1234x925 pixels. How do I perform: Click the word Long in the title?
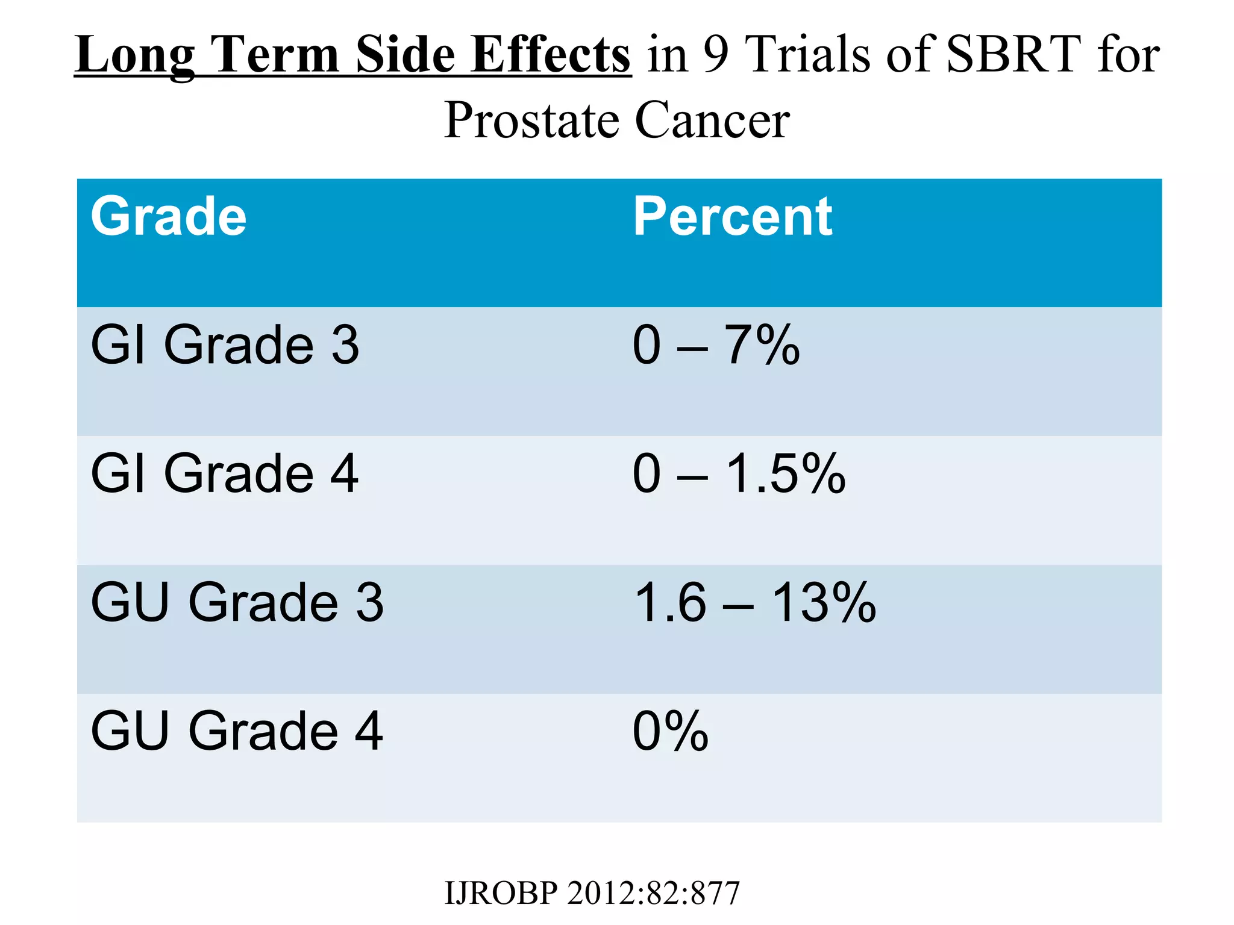coord(134,55)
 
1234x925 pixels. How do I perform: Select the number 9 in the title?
coord(716,55)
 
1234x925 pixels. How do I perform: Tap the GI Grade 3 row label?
coord(225,345)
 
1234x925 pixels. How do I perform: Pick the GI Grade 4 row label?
coord(225,474)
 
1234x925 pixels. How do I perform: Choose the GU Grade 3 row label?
coord(237,602)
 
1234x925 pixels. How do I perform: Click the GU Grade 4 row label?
coord(237,731)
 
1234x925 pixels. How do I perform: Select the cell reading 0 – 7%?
coord(716,345)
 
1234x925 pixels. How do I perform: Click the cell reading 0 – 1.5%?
coord(739,474)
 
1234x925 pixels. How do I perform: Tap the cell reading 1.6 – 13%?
coord(754,602)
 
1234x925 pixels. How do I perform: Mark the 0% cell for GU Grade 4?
coord(670,731)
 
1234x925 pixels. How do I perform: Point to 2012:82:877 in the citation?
coord(653,893)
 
